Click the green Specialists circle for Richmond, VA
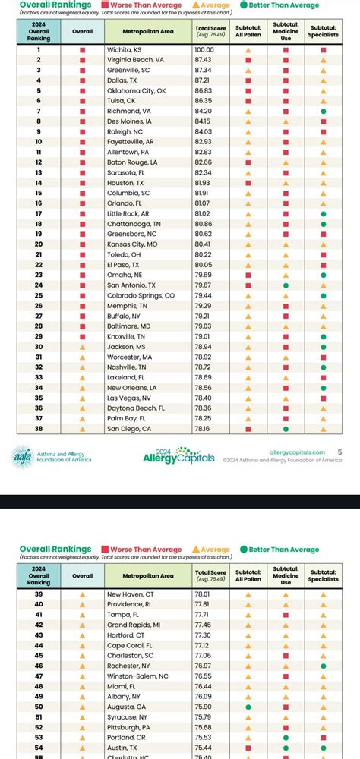pyautogui.click(x=324, y=111)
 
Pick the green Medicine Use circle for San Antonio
pyautogui.click(x=286, y=285)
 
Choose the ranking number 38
pyautogui.click(x=39, y=428)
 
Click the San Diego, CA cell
pyautogui.click(x=130, y=428)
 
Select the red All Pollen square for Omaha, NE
pyautogui.click(x=248, y=275)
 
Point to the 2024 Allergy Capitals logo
pyautogui.click(x=179, y=455)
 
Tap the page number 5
pyautogui.click(x=339, y=452)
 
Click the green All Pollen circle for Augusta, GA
pyautogui.click(x=248, y=707)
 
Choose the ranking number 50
pyautogui.click(x=39, y=707)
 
